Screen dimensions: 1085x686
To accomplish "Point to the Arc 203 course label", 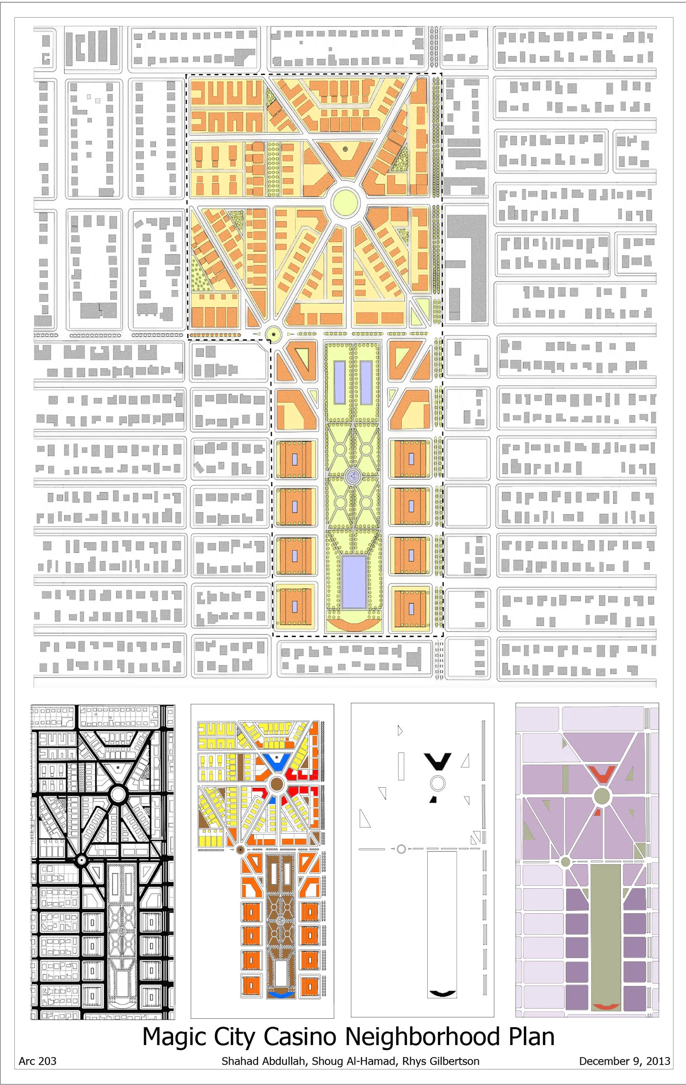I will click(x=37, y=1061).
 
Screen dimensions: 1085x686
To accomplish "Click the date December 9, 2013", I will click(x=624, y=1061).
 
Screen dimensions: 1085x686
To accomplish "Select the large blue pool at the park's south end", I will click(x=354, y=581).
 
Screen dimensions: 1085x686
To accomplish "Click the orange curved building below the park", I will click(x=354, y=624).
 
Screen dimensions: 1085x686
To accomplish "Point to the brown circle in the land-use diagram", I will click(x=276, y=784).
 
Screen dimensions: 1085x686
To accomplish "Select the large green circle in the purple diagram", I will click(x=602, y=796).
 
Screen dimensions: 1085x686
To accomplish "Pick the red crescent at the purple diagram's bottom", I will click(x=606, y=1006).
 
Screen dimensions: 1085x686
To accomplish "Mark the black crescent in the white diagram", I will click(x=442, y=993).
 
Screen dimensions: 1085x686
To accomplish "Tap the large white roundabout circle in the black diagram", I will click(x=118, y=794).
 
